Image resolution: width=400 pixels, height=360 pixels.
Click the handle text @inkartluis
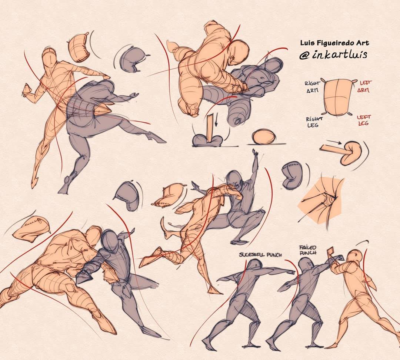(x=333, y=55)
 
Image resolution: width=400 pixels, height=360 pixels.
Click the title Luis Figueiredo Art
(x=334, y=43)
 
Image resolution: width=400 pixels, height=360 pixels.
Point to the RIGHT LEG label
(x=314, y=122)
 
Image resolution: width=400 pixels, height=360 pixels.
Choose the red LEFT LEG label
(x=364, y=120)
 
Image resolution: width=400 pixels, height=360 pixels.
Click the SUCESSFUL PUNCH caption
(x=260, y=255)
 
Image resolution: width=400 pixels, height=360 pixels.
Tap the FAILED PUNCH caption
(x=308, y=250)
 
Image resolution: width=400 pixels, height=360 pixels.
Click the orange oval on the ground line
(x=264, y=137)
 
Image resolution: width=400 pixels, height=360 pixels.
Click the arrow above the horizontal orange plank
(x=334, y=142)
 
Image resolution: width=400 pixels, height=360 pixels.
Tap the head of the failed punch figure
(x=305, y=265)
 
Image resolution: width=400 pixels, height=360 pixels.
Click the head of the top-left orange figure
(x=49, y=56)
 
